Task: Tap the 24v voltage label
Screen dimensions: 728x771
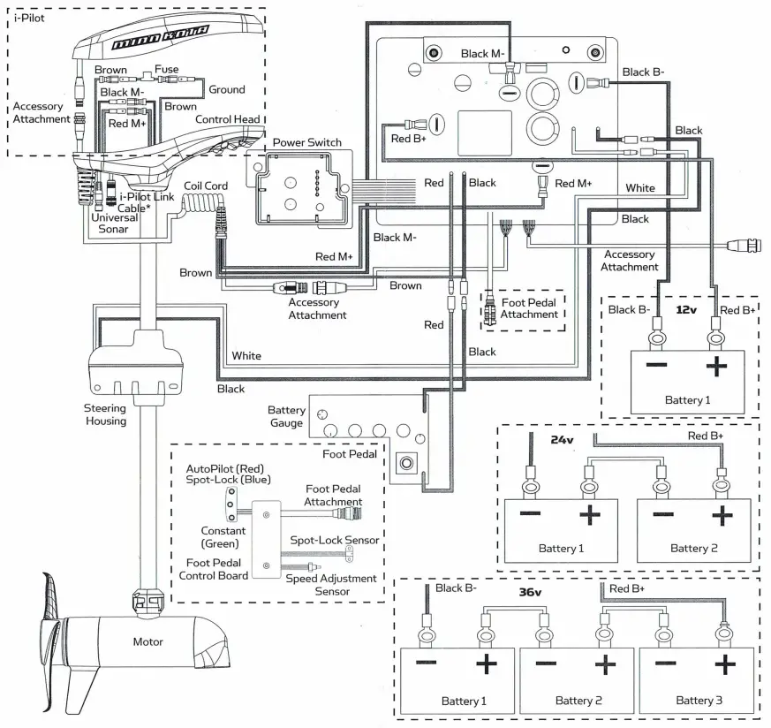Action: [562, 438]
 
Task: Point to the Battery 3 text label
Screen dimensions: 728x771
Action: [695, 701]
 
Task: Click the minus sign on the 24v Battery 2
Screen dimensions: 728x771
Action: [665, 515]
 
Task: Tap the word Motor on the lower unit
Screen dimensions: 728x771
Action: [147, 641]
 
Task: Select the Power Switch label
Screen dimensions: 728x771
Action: [306, 142]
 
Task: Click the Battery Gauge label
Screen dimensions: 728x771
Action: [287, 417]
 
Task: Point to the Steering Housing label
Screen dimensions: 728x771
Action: [105, 414]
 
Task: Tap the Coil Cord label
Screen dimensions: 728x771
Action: [205, 186]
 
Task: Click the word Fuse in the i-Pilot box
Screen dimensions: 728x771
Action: [166, 70]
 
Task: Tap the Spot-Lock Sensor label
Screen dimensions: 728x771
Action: [335, 540]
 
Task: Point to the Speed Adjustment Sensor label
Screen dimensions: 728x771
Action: [331, 584]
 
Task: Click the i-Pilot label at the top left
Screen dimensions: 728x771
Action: [30, 18]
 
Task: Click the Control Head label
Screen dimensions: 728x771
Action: [227, 119]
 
